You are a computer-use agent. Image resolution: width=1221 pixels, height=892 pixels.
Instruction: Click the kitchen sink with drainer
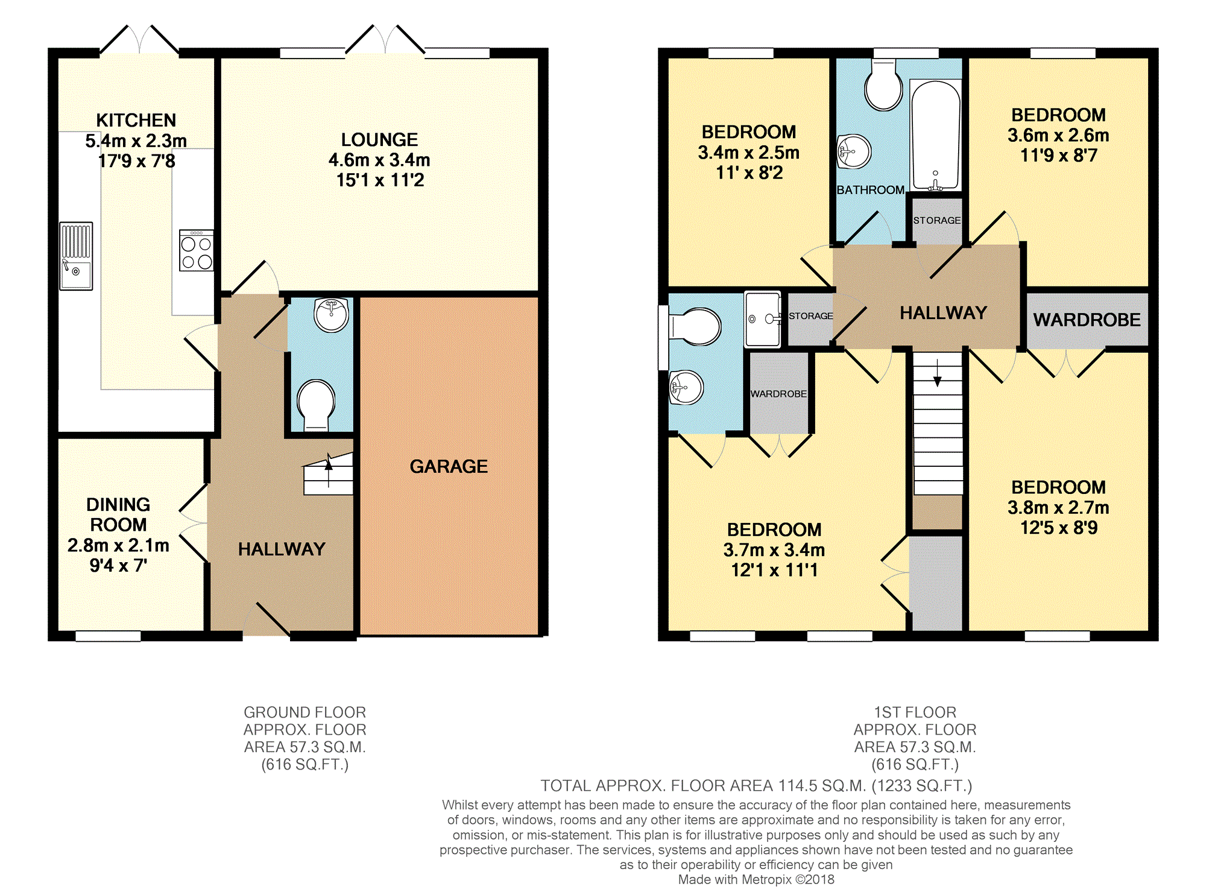(76, 256)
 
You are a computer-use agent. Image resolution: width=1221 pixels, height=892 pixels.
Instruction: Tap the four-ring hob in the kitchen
(197, 250)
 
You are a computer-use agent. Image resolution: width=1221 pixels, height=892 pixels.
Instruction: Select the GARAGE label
(449, 466)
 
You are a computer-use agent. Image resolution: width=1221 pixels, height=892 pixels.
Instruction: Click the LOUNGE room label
(379, 140)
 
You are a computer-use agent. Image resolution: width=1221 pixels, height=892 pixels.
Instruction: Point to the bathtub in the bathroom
(935, 135)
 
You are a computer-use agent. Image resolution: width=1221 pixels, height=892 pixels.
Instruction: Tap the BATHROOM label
(870, 190)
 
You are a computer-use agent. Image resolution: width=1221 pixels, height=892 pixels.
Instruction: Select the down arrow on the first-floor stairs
(938, 373)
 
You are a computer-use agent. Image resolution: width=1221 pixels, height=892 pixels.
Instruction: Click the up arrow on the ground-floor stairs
(329, 470)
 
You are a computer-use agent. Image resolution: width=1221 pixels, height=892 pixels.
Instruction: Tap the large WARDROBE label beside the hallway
(1087, 320)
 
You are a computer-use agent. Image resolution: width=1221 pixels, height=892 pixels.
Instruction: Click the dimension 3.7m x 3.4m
(774, 550)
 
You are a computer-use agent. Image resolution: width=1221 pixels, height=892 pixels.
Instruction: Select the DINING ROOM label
(118, 514)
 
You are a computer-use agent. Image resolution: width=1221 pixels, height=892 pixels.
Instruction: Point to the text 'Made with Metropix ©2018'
(756, 879)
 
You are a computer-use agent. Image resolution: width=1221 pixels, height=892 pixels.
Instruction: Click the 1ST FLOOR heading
(915, 712)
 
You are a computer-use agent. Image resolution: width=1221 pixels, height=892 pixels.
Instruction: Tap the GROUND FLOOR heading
(304, 712)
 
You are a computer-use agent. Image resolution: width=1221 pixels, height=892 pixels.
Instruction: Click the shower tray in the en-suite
(763, 320)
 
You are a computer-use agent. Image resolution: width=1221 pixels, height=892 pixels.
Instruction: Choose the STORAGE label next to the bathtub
(936, 221)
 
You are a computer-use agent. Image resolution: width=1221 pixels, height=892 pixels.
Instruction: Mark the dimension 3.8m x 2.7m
(1058, 508)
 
